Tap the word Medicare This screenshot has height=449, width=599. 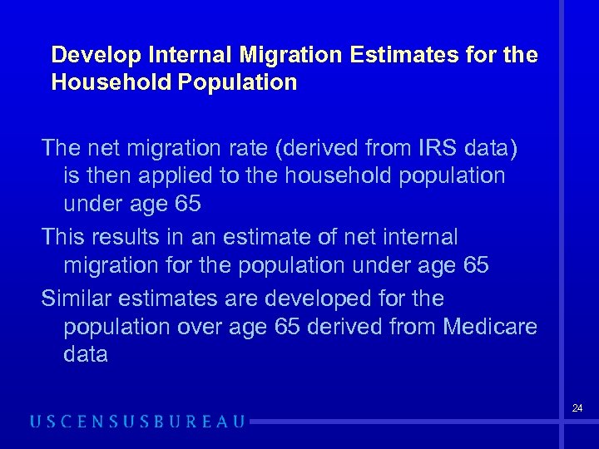[x=490, y=327]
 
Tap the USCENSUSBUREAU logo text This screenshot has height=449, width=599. [x=137, y=422]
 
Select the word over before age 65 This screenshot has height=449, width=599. [x=194, y=327]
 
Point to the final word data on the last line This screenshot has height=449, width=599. [x=86, y=354]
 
